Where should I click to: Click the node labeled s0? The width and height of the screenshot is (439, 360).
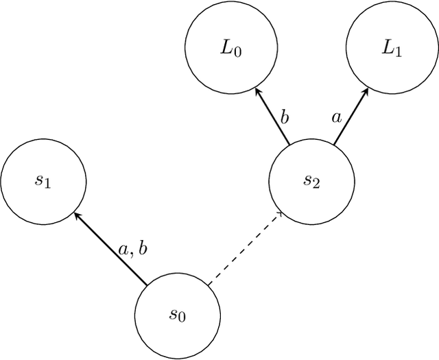click(x=177, y=315)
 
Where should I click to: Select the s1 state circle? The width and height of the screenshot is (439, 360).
click(x=43, y=182)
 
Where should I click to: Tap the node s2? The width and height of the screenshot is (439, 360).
click(x=311, y=182)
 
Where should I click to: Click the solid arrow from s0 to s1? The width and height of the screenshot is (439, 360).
click(x=111, y=249)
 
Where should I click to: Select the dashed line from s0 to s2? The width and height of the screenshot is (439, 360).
click(x=244, y=249)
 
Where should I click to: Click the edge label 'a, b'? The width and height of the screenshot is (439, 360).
click(x=133, y=248)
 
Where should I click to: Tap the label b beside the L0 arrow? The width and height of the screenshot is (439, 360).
click(x=283, y=117)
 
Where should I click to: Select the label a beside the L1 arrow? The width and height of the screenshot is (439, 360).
click(x=336, y=117)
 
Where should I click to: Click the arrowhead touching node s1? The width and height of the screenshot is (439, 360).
click(x=78, y=215)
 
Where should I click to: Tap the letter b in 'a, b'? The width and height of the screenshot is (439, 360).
click(x=143, y=248)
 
